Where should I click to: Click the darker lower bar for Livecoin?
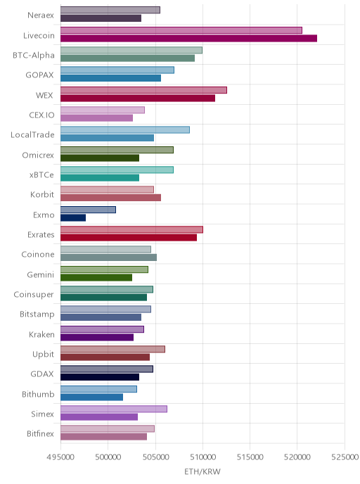(x=189, y=38)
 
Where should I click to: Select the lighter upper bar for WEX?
(x=143, y=90)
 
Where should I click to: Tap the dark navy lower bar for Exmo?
(x=73, y=217)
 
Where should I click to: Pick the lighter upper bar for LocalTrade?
(x=125, y=130)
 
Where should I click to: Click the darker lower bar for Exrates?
(x=129, y=238)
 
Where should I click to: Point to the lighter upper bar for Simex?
(x=114, y=409)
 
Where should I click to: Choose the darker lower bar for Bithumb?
(x=91, y=397)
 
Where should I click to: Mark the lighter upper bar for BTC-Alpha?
(x=131, y=50)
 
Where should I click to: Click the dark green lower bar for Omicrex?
(x=100, y=158)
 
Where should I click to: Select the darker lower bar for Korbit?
(x=111, y=198)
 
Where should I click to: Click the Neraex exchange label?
(x=41, y=15)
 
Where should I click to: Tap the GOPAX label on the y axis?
(x=40, y=75)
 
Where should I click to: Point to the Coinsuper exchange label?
(x=34, y=295)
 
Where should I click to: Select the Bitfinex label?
(x=40, y=433)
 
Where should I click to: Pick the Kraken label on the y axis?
(x=41, y=334)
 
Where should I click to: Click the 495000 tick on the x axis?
(x=60, y=457)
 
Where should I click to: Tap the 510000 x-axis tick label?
(x=202, y=457)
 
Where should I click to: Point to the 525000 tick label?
(x=345, y=457)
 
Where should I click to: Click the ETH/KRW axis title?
(x=202, y=471)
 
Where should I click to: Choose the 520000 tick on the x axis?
(x=297, y=457)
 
